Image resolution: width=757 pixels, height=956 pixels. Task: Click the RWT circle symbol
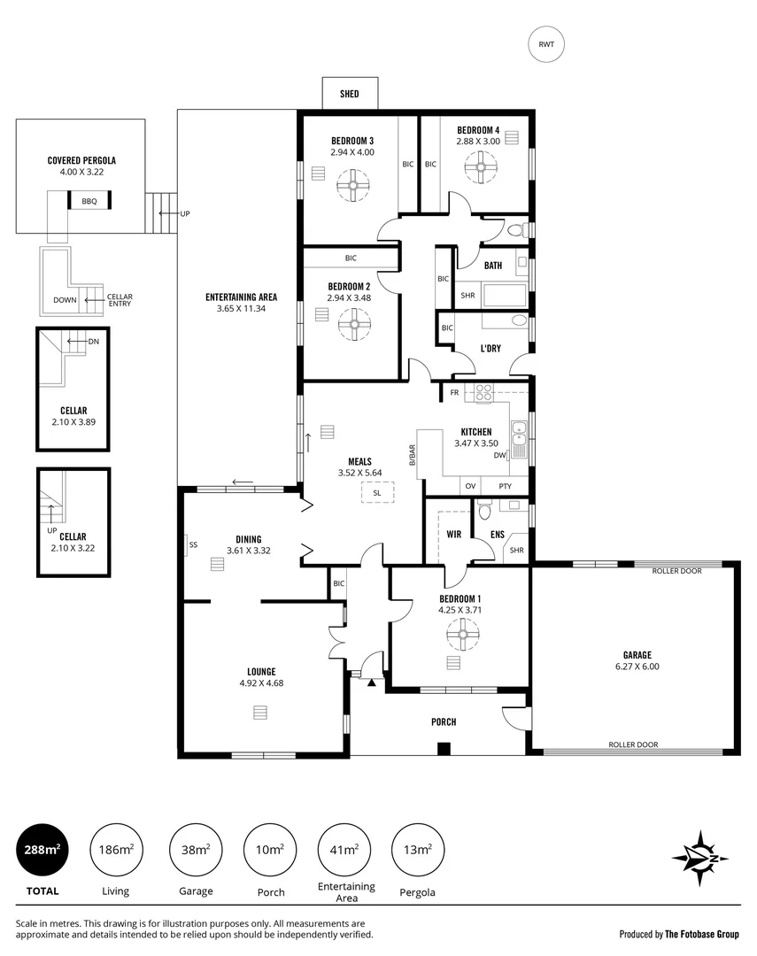(x=546, y=45)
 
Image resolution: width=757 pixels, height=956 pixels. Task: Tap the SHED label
(x=350, y=93)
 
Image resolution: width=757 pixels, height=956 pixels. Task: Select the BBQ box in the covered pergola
(x=89, y=202)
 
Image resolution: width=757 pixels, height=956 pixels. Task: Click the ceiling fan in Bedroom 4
(x=482, y=166)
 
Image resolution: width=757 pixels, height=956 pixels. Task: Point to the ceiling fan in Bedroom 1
(x=460, y=633)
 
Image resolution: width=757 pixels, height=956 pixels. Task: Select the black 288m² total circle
(x=42, y=850)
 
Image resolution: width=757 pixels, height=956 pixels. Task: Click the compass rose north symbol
(x=699, y=858)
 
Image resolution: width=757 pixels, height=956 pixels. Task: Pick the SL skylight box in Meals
(x=377, y=493)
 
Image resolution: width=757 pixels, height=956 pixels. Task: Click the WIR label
(x=454, y=534)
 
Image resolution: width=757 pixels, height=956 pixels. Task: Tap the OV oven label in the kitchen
(x=470, y=486)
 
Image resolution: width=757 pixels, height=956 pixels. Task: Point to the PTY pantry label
(x=505, y=486)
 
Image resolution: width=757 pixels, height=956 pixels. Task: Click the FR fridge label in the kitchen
(x=454, y=392)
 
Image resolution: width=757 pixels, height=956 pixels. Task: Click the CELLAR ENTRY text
(x=120, y=300)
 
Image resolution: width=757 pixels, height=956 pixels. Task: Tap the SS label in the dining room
(x=193, y=545)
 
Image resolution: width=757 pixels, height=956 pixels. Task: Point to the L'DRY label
(x=491, y=348)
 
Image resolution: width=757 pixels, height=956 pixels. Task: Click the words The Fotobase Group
(x=702, y=934)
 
